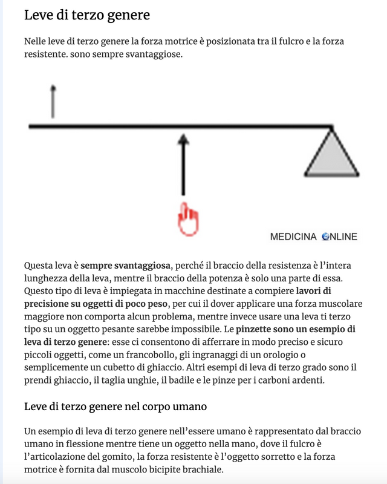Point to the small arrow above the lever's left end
pyautogui.click(x=53, y=102)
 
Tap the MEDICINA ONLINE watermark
pyautogui.click(x=313, y=237)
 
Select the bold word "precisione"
pyautogui.click(x=50, y=304)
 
